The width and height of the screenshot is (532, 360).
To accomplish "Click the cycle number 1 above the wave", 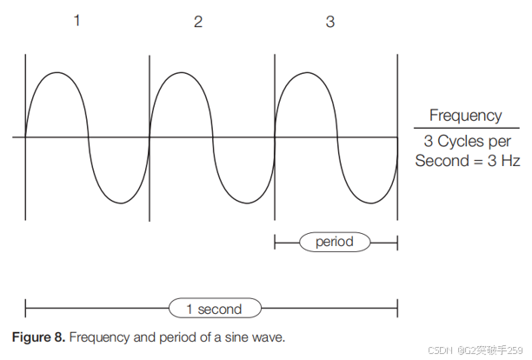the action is click(76, 20).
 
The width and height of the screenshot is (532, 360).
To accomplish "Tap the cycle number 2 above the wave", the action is click(198, 22).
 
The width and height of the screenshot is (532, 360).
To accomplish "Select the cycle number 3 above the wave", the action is click(329, 22).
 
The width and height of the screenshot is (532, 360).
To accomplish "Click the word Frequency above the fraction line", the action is click(465, 116).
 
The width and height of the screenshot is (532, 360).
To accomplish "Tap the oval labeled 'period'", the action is click(335, 241).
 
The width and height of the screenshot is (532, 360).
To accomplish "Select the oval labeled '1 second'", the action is click(213, 309).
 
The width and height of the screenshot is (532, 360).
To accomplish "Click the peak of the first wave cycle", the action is click(57, 73).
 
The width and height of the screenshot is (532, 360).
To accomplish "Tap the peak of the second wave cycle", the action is click(182, 73).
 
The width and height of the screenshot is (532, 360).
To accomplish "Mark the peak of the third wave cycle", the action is click(306, 73).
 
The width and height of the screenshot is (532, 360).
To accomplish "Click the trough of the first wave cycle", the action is click(119, 202).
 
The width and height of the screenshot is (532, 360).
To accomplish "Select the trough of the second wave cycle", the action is click(244, 202).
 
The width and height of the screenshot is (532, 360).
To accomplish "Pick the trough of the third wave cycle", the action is click(368, 202).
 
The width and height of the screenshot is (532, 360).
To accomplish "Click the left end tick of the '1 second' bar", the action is click(26, 308).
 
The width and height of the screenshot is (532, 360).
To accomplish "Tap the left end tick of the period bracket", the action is click(275, 241).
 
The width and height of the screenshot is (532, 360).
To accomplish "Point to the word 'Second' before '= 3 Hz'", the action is click(440, 161).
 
